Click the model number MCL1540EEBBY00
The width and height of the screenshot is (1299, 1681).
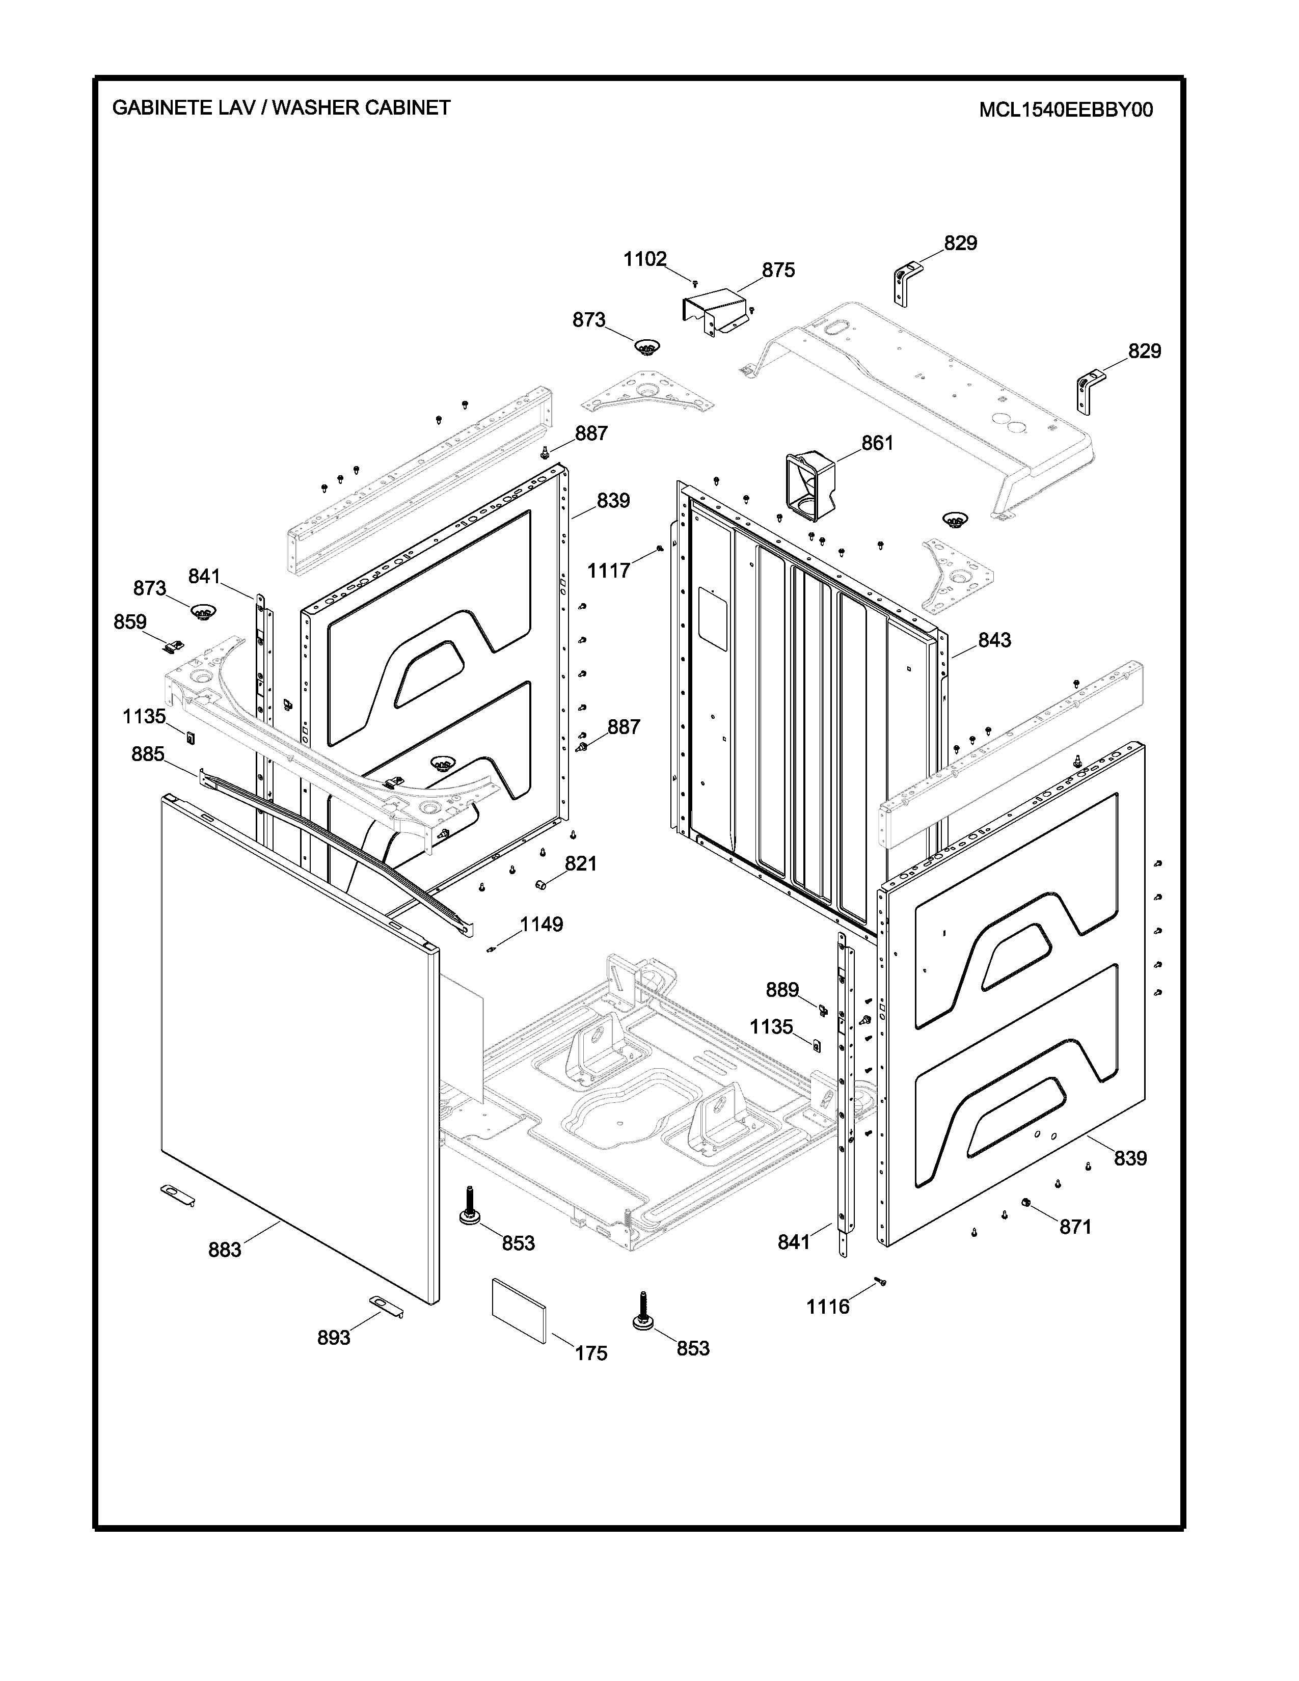(x=1066, y=110)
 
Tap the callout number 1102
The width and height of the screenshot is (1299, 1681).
(x=645, y=259)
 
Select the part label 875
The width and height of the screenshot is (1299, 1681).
(x=779, y=270)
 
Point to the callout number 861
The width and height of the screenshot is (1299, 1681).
(x=877, y=443)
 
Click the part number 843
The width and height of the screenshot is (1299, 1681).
(x=995, y=640)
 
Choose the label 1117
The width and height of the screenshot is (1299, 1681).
(x=609, y=571)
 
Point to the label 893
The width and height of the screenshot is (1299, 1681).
(x=334, y=1338)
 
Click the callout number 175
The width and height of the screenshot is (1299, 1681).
(x=591, y=1353)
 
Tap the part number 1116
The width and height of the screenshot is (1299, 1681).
(x=828, y=1306)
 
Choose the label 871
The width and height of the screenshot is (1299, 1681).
(x=1076, y=1227)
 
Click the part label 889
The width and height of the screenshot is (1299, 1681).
(x=782, y=989)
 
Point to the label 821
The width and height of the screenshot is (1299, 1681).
(x=581, y=863)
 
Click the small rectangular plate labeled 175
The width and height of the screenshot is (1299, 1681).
(x=520, y=1310)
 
